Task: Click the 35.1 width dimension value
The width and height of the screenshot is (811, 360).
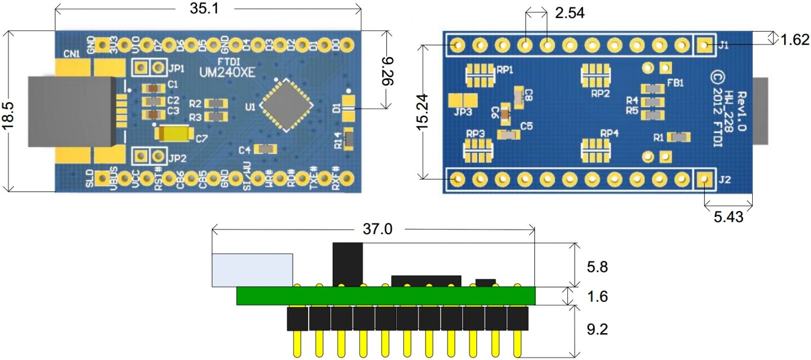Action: (204, 9)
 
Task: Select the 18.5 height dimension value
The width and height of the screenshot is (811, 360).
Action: (9, 116)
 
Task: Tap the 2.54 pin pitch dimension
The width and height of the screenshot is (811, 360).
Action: (569, 13)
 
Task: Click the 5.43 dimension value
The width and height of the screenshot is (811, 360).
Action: (728, 217)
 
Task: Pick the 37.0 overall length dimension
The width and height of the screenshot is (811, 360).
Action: (377, 229)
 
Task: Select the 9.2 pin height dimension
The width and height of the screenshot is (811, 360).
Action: (597, 330)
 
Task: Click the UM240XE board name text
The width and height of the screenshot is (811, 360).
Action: (227, 73)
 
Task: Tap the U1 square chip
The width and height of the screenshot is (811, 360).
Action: (286, 105)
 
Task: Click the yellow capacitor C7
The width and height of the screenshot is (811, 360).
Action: (174, 134)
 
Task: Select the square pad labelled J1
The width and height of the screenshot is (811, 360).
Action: (704, 45)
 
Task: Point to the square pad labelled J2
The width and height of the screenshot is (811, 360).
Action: (704, 179)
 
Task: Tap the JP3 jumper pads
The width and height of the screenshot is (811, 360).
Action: (462, 100)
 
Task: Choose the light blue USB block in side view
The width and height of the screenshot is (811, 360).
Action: (252, 270)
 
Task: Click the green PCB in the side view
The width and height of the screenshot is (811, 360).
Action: (385, 296)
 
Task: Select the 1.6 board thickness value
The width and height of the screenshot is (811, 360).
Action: (597, 297)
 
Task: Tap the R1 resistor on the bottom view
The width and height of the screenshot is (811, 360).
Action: (678, 137)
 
